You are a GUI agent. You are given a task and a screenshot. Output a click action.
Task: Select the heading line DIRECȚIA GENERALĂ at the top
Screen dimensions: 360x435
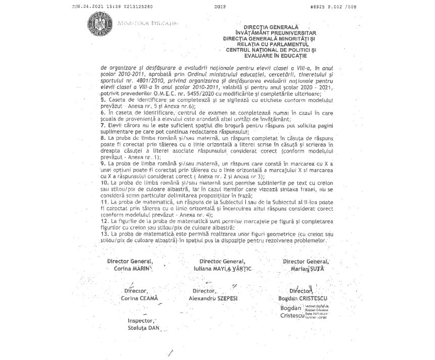point(271,27)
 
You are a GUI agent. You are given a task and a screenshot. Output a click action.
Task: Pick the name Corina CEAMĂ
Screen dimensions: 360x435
point(139,298)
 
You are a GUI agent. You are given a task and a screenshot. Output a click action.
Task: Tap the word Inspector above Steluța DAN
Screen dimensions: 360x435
point(141,320)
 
